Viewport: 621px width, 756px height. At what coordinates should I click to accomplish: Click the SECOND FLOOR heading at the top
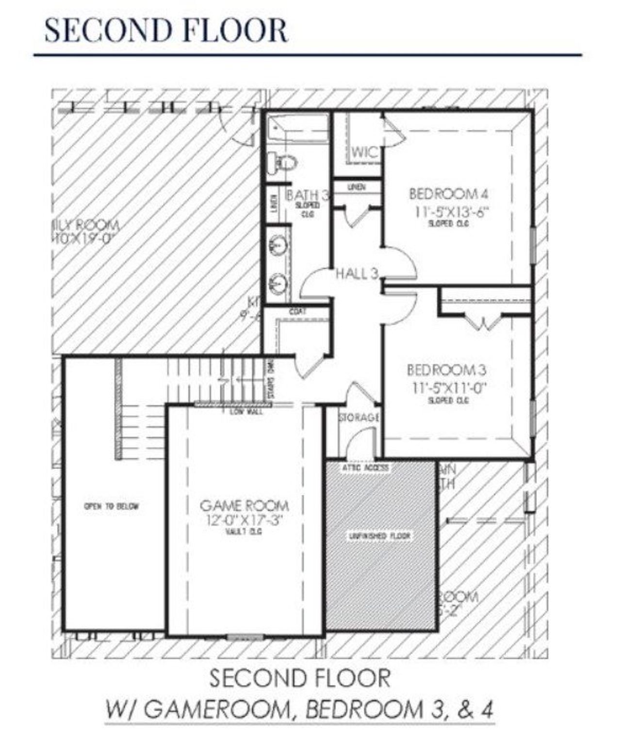(166, 30)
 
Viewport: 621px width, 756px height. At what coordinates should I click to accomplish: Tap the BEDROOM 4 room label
(448, 194)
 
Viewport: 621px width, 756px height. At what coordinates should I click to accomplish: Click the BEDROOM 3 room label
(446, 370)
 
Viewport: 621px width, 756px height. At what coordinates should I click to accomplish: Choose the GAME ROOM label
(244, 506)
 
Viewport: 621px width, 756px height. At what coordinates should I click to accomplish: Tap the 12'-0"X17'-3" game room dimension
(244, 520)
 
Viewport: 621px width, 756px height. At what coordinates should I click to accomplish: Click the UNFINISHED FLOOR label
(379, 536)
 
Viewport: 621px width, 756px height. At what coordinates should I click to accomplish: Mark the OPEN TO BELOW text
(112, 506)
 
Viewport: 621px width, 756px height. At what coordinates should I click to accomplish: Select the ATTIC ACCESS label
(365, 467)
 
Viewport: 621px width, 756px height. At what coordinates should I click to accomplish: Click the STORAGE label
(358, 417)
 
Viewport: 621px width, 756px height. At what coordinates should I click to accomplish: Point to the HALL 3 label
(357, 274)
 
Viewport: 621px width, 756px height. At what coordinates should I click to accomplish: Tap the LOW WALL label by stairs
(246, 412)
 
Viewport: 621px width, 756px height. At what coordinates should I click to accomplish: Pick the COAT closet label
(297, 312)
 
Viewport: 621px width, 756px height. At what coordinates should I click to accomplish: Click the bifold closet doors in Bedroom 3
(483, 322)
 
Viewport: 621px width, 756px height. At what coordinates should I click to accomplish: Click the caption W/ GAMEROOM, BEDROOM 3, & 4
(299, 709)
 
